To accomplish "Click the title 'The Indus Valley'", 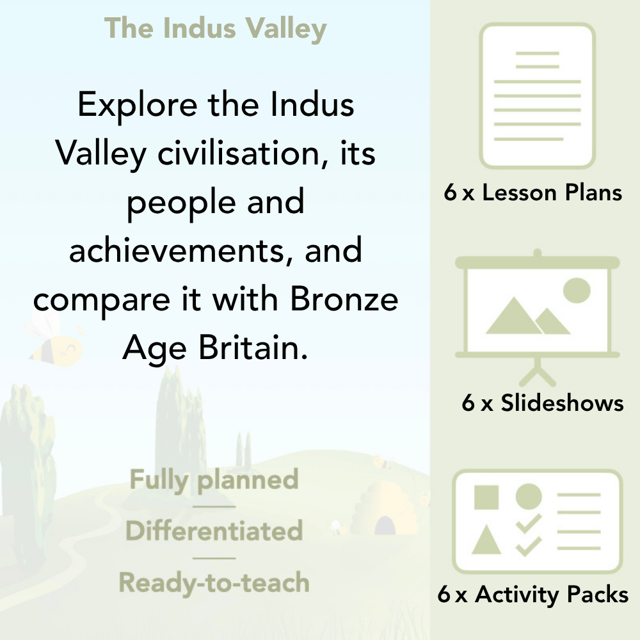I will pyautogui.click(x=216, y=29).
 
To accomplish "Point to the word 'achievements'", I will pyautogui.click(x=180, y=250).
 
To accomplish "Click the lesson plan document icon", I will pyautogui.click(x=538, y=95).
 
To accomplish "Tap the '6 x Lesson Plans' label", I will pyautogui.click(x=533, y=193).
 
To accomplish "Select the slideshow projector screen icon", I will pyautogui.click(x=538, y=307).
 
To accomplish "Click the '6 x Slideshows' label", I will pyautogui.click(x=543, y=403).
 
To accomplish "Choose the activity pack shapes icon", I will pyautogui.click(x=538, y=521).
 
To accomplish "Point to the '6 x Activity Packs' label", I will pyautogui.click(x=533, y=595).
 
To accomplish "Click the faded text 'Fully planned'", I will pyautogui.click(x=214, y=480).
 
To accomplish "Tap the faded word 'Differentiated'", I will pyautogui.click(x=214, y=531).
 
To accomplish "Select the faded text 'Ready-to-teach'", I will pyautogui.click(x=214, y=582).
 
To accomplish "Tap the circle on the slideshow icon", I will pyautogui.click(x=576, y=290).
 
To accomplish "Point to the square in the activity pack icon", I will pyautogui.click(x=486, y=497).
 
